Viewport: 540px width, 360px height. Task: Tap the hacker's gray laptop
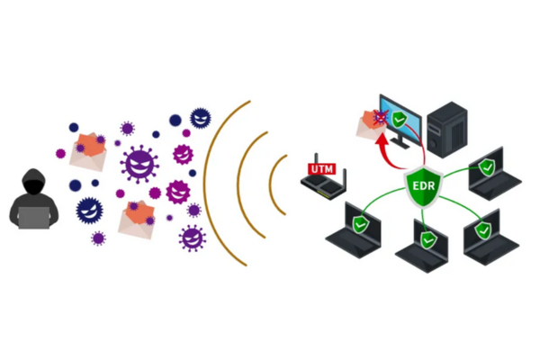(36, 216)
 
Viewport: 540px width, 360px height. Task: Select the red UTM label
(320, 167)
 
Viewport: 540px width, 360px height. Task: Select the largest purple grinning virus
(140, 164)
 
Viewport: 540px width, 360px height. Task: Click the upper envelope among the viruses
(89, 150)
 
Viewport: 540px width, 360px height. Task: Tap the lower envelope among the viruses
(135, 219)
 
